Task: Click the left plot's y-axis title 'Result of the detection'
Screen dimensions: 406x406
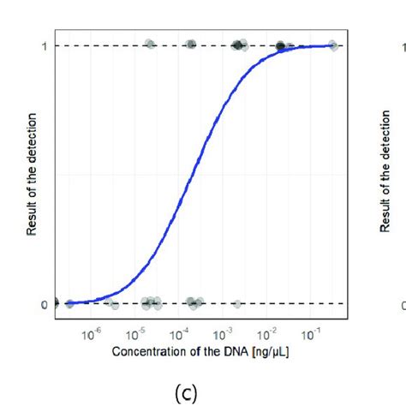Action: click(x=32, y=175)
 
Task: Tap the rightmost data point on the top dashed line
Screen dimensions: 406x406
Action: click(x=332, y=45)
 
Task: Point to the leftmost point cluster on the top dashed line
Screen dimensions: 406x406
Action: click(x=150, y=45)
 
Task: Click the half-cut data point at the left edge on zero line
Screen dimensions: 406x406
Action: click(x=55, y=302)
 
